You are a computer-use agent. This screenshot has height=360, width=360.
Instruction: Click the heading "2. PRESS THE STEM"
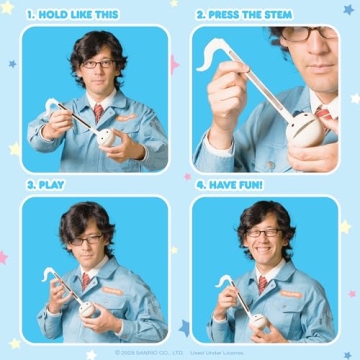(247, 16)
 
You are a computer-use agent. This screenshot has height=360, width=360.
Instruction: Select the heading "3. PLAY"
(46, 185)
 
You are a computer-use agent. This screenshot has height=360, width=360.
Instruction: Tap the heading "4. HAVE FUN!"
(233, 185)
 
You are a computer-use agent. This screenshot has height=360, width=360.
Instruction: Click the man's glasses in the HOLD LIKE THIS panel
(97, 64)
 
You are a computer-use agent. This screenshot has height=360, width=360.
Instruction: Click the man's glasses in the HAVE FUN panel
(265, 233)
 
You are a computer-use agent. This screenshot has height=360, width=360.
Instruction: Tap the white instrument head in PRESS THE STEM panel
(301, 127)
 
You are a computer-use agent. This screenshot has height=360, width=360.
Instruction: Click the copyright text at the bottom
(180, 352)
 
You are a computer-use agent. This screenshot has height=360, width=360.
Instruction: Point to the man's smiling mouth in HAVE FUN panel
(266, 249)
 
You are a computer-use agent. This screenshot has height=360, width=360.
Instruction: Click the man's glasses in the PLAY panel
(87, 239)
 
